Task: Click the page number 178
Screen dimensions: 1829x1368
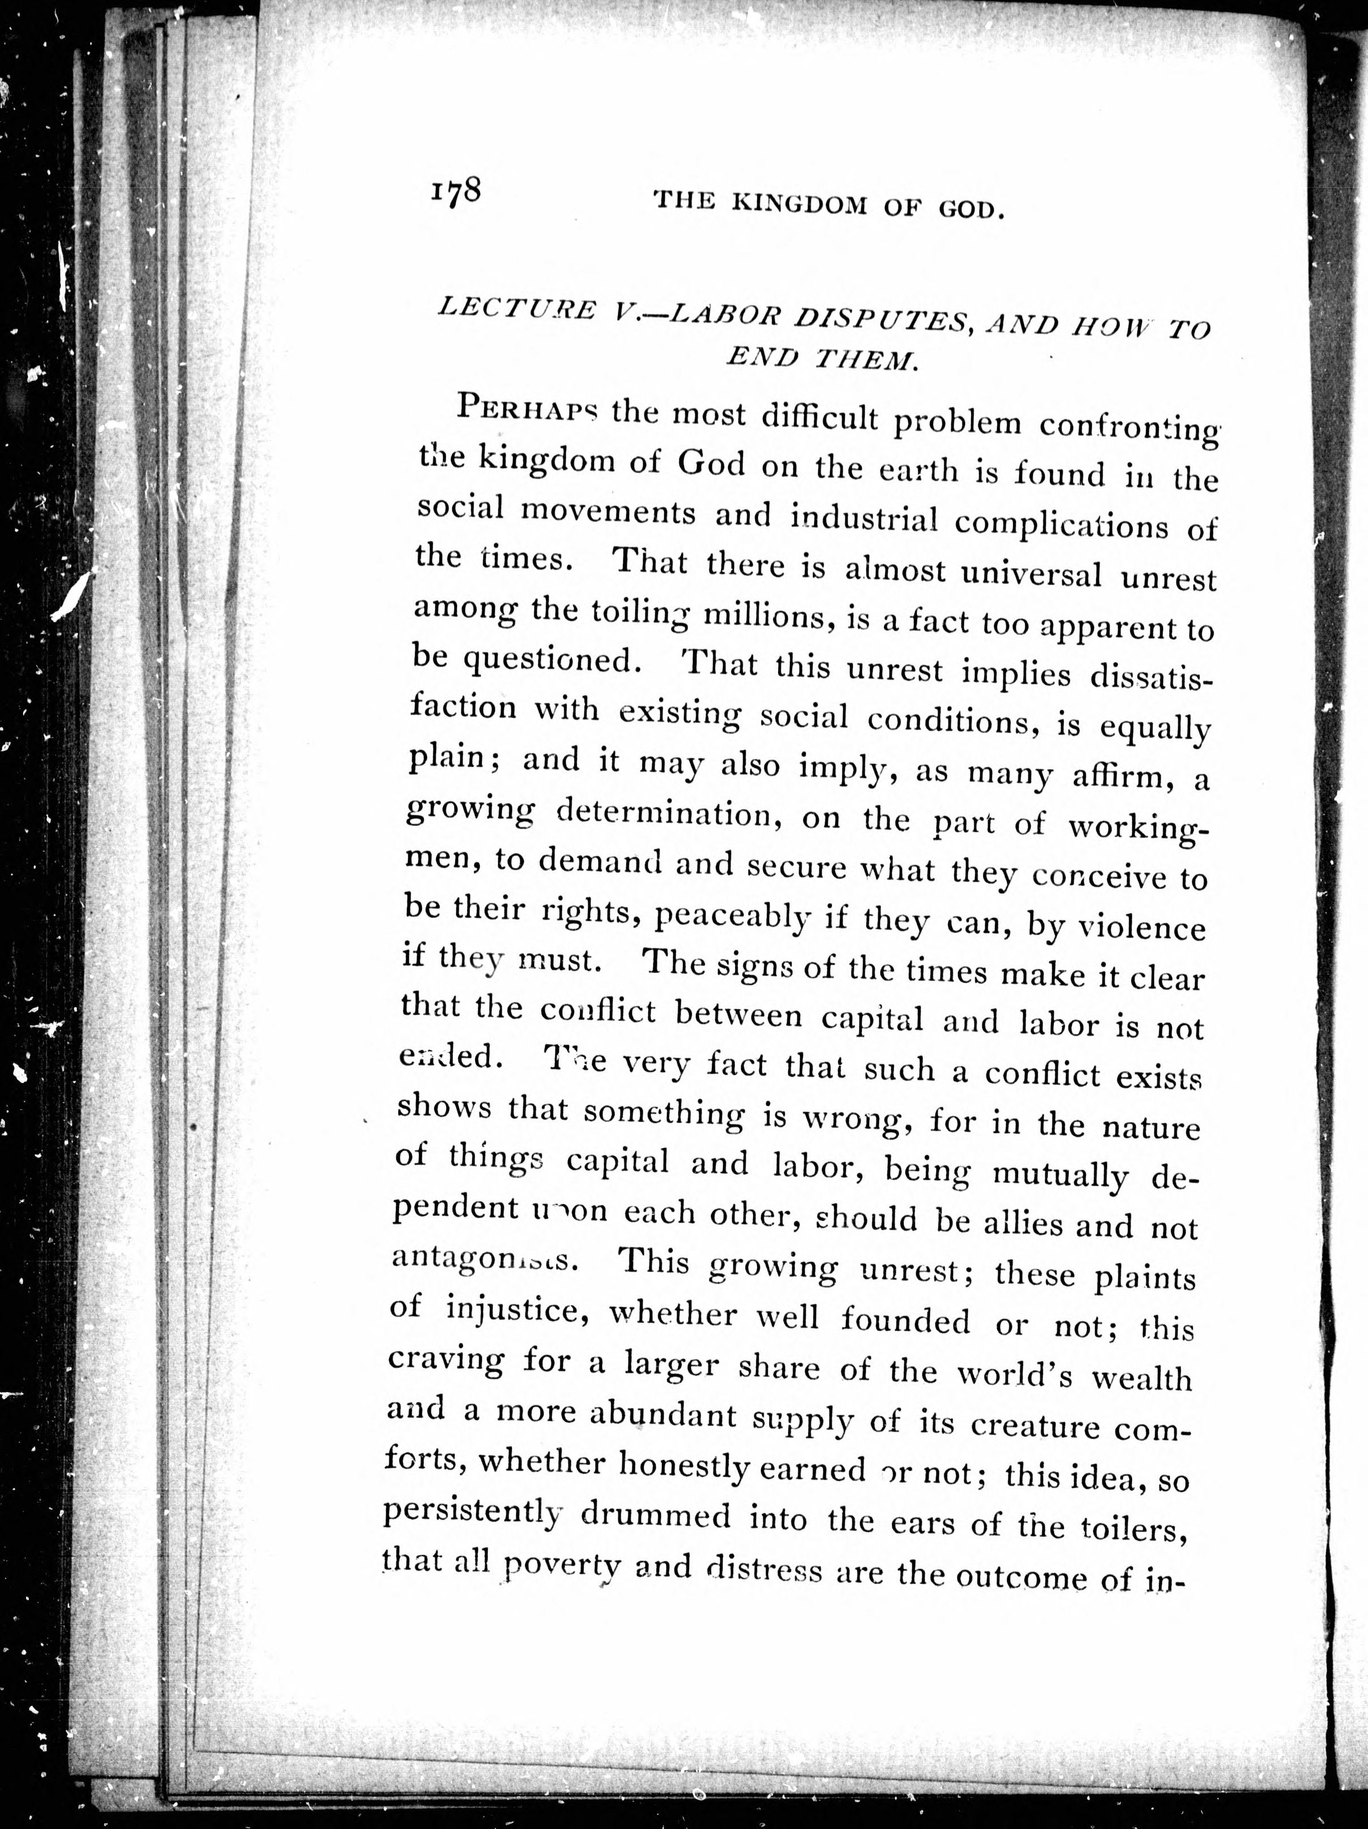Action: tap(455, 192)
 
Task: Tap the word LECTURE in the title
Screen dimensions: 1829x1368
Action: tap(518, 308)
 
